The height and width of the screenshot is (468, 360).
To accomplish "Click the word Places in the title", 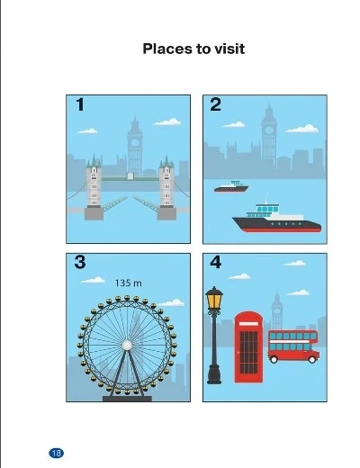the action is click(x=166, y=49).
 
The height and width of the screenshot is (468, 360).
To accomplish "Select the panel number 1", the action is click(x=80, y=104).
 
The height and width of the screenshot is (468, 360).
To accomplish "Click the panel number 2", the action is click(x=215, y=104).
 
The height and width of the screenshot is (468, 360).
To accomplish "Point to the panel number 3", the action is click(x=80, y=262).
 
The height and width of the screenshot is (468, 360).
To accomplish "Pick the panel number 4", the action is click(x=216, y=262).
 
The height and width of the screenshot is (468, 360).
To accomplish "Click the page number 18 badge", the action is click(x=56, y=453).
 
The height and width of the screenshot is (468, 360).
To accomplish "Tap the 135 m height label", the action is click(x=129, y=283).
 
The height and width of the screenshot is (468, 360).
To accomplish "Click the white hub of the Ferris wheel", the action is click(x=127, y=346).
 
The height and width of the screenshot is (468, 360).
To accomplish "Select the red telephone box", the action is click(x=248, y=347).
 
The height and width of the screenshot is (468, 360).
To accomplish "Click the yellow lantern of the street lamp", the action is click(x=214, y=301).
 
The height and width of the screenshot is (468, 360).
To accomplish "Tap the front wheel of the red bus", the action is click(x=312, y=359).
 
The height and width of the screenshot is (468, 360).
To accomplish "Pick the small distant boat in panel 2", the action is click(x=231, y=186).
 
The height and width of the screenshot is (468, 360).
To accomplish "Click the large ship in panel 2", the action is click(x=277, y=218).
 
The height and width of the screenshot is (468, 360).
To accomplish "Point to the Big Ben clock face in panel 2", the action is click(x=269, y=130).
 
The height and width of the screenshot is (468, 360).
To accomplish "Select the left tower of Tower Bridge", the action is click(x=94, y=187).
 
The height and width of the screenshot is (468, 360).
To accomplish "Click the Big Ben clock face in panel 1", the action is click(x=135, y=142).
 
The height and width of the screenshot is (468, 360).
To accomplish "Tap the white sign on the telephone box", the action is click(x=248, y=324).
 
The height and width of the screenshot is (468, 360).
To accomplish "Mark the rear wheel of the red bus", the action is click(x=274, y=359).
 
